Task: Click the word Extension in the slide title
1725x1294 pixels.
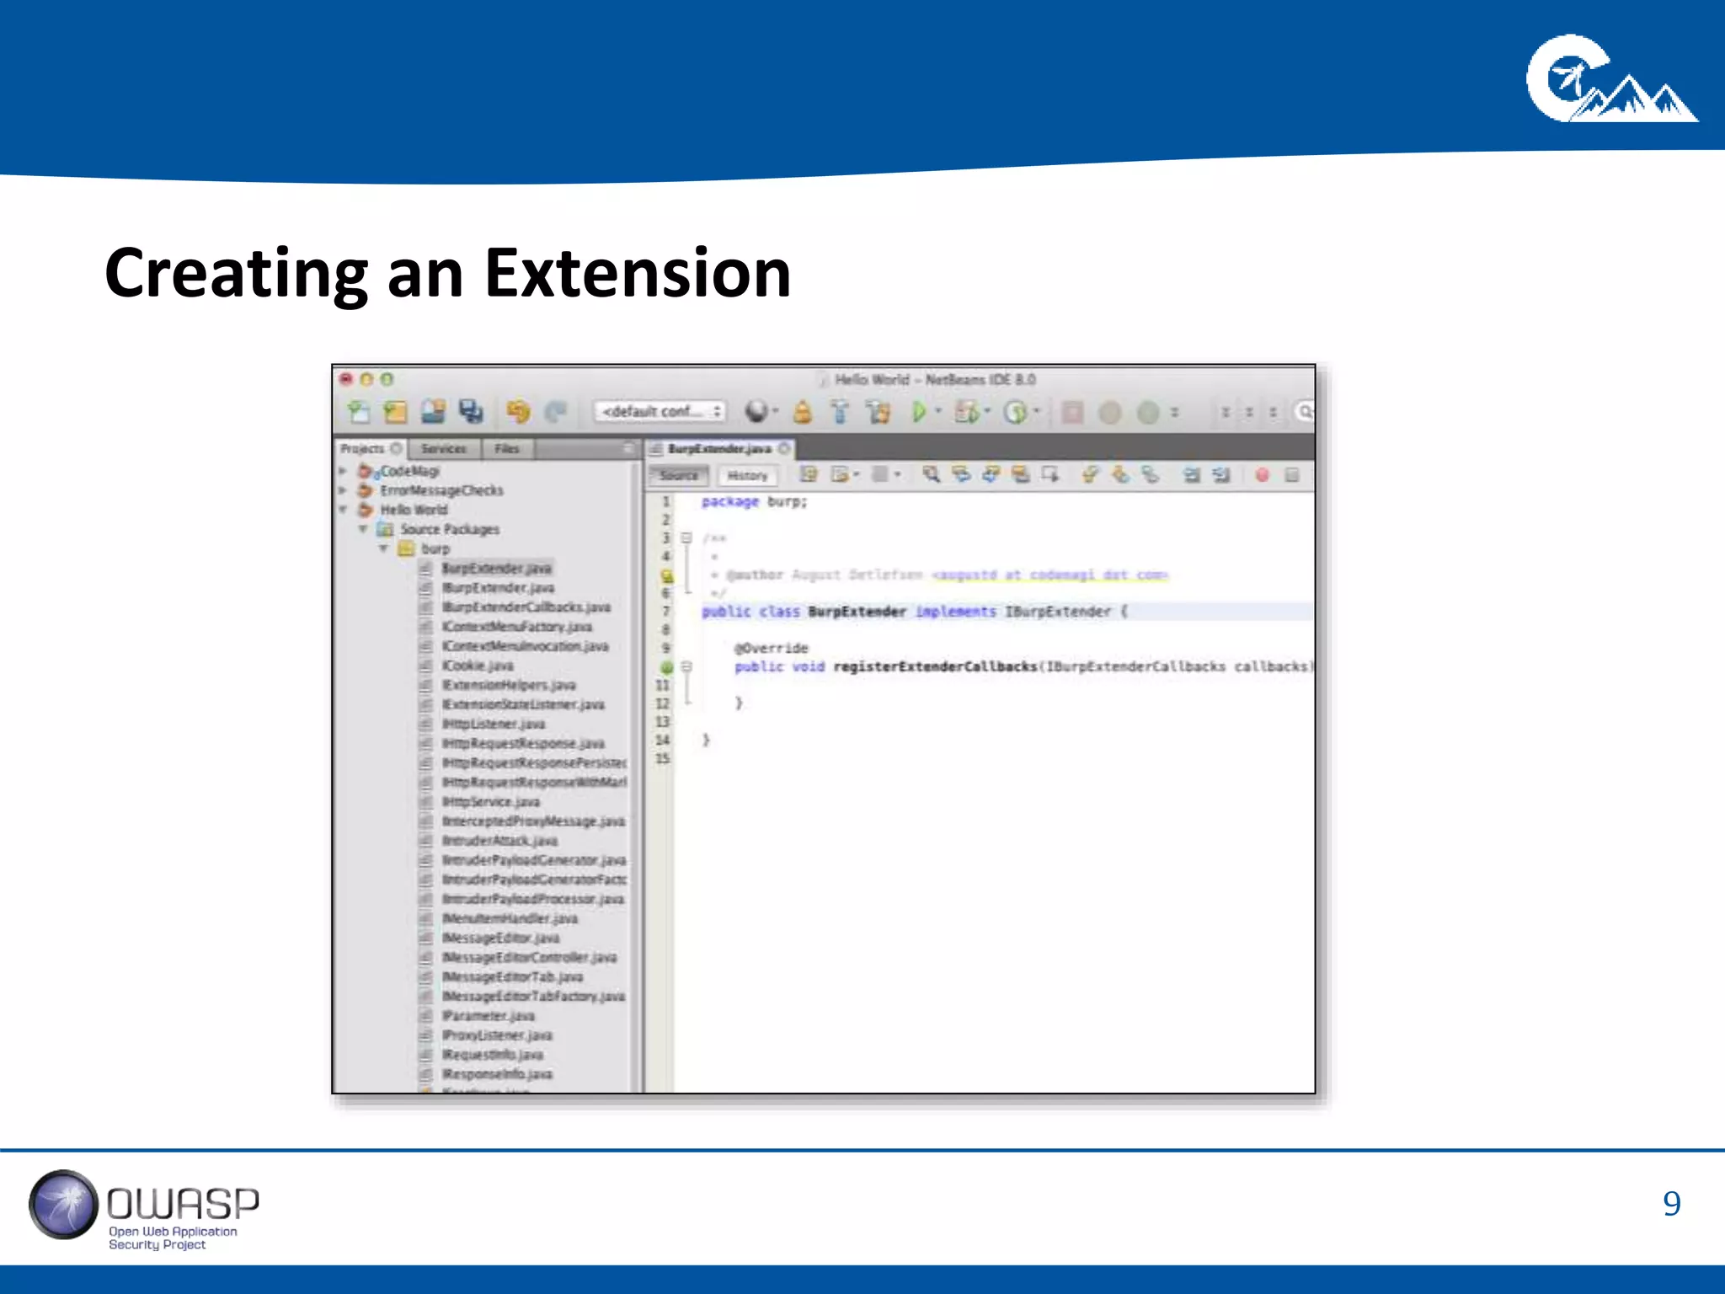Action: pyautogui.click(x=638, y=274)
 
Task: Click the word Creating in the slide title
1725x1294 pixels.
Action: pyautogui.click(x=237, y=274)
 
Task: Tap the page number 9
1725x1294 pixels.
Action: pyautogui.click(x=1671, y=1203)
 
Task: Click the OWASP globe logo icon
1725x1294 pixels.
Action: pyautogui.click(x=63, y=1205)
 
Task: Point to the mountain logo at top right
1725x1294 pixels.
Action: pyautogui.click(x=1610, y=80)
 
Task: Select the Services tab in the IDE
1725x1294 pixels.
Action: pyautogui.click(x=443, y=449)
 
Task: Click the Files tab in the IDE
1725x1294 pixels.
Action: pyautogui.click(x=507, y=449)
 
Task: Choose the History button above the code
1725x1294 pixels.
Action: pyautogui.click(x=747, y=476)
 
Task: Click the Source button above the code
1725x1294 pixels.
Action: pyautogui.click(x=679, y=476)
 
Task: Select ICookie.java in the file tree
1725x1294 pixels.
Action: pyautogui.click(x=478, y=666)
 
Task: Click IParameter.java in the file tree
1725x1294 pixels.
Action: pyautogui.click(x=489, y=1016)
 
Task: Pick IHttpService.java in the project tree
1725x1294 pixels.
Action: pyautogui.click(x=491, y=802)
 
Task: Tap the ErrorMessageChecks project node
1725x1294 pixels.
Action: pyautogui.click(x=441, y=490)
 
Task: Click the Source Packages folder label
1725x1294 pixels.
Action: pyautogui.click(x=450, y=529)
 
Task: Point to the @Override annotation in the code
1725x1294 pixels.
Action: pyautogui.click(x=772, y=648)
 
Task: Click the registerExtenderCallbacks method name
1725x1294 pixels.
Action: pyautogui.click(x=935, y=666)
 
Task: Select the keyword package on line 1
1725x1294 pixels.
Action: pyautogui.click(x=730, y=502)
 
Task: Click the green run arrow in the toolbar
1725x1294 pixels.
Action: pyautogui.click(x=919, y=412)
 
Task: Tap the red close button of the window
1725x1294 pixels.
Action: pyautogui.click(x=345, y=379)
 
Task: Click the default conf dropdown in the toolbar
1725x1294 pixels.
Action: pyautogui.click(x=660, y=411)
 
